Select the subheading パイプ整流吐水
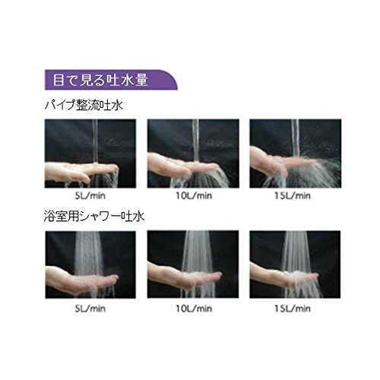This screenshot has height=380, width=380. (84, 106)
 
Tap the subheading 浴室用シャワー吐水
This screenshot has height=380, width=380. (94, 217)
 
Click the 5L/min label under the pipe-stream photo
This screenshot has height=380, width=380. (90, 196)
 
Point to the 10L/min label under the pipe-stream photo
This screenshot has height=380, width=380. (194, 196)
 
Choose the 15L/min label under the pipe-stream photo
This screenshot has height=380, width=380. (293, 196)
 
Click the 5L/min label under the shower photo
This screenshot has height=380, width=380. (90, 309)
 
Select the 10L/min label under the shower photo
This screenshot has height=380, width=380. (194, 309)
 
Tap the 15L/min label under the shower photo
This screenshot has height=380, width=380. (293, 309)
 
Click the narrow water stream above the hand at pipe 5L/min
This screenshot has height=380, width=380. (95, 141)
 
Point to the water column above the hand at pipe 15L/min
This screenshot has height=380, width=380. (295, 138)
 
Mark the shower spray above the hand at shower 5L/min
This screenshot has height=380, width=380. (89, 253)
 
